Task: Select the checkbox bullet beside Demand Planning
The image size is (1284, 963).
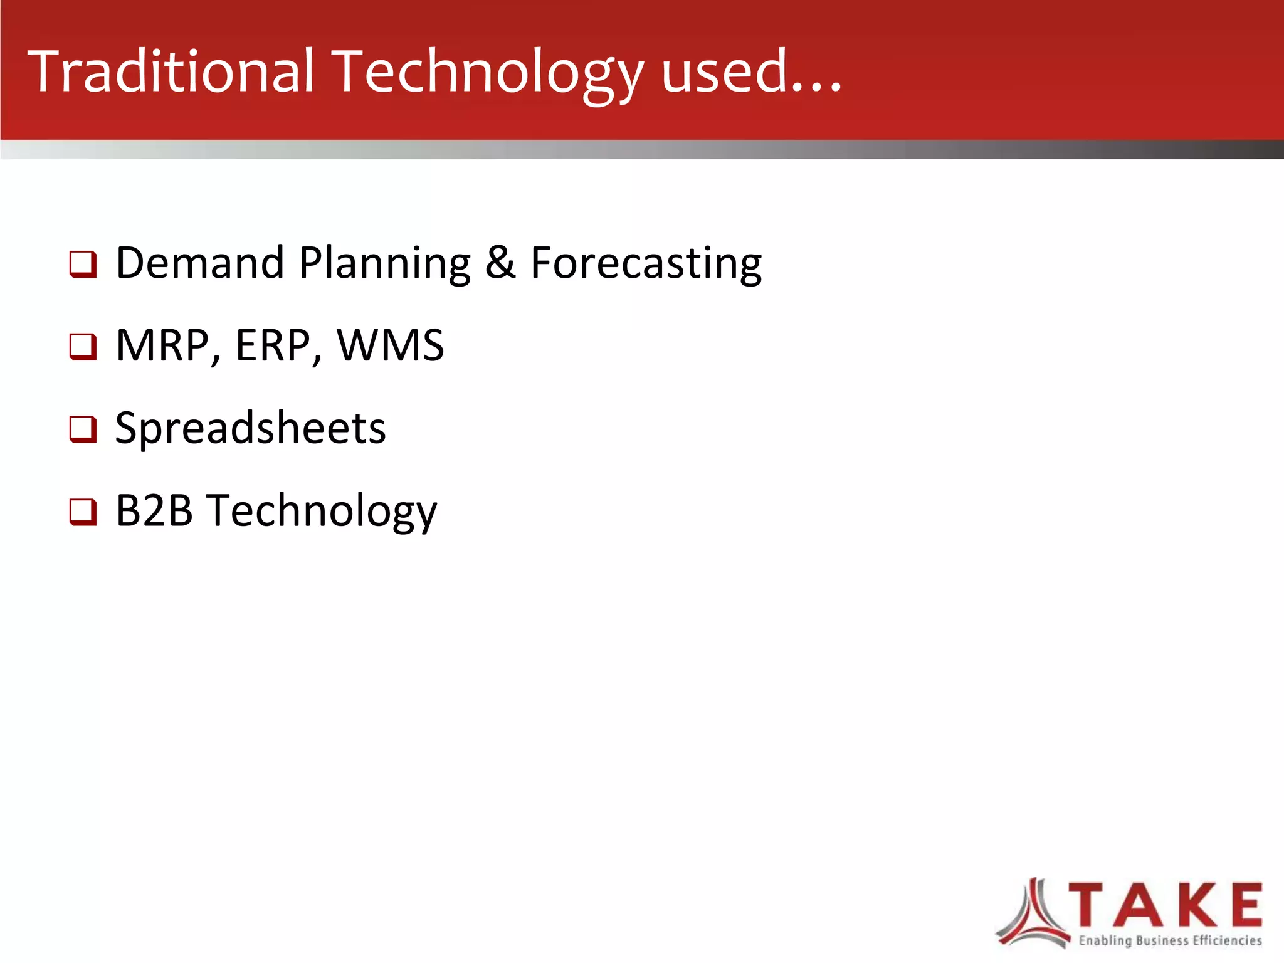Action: [x=83, y=264]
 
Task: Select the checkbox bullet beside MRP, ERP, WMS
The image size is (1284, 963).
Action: [x=83, y=347]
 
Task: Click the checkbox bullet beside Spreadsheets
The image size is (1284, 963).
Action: [x=83, y=429]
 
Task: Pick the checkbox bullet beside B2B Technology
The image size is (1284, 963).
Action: [x=83, y=512]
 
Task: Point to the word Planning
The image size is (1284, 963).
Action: [x=384, y=263]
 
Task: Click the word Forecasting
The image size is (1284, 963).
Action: [x=646, y=263]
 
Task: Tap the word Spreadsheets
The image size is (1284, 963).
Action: [x=250, y=429]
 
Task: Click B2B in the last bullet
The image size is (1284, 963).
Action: [x=154, y=510]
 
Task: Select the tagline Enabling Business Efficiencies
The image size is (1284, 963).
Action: [x=1170, y=940]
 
